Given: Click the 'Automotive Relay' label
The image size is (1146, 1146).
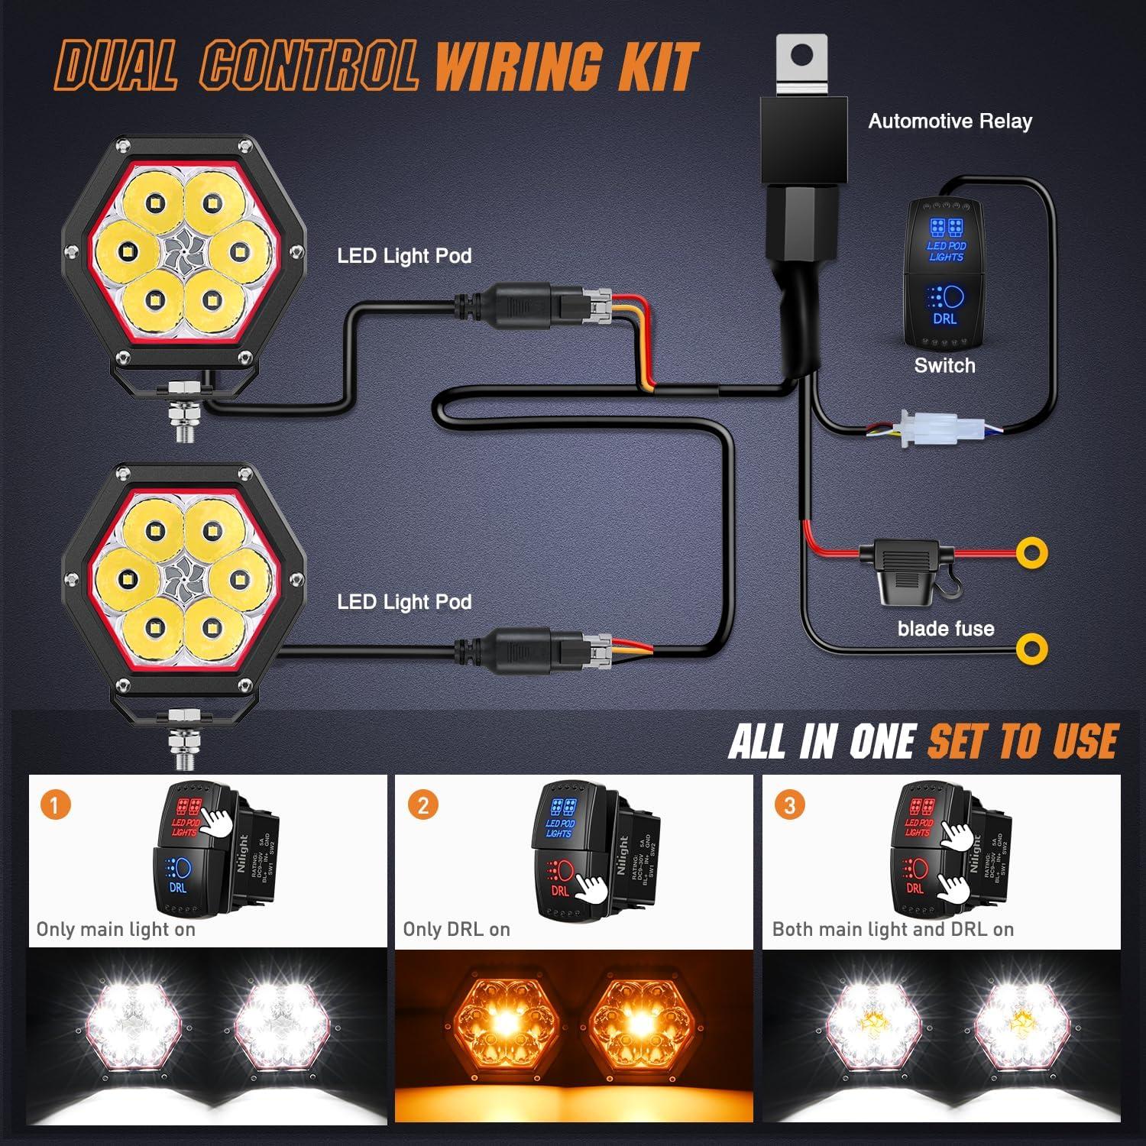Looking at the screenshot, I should coord(950,121).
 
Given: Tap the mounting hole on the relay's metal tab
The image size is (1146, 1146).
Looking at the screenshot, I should coord(801,55).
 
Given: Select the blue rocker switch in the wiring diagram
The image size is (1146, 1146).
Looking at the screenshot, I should coord(944,271).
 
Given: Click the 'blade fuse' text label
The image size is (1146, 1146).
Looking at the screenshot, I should coord(945,629).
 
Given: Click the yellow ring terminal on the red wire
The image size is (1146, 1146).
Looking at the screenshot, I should coord(1031,552).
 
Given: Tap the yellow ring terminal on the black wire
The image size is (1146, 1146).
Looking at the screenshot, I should coord(1031,649).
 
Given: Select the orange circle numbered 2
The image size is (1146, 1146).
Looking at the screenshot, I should coord(423,804).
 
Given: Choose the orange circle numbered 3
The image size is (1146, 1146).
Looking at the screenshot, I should coord(789,804).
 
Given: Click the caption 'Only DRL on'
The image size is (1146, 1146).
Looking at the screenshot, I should coord(456,930).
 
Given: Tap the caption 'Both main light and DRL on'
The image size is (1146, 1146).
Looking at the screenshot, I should coord(892,930).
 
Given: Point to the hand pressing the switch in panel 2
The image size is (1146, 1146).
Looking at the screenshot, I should coord(591,886).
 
